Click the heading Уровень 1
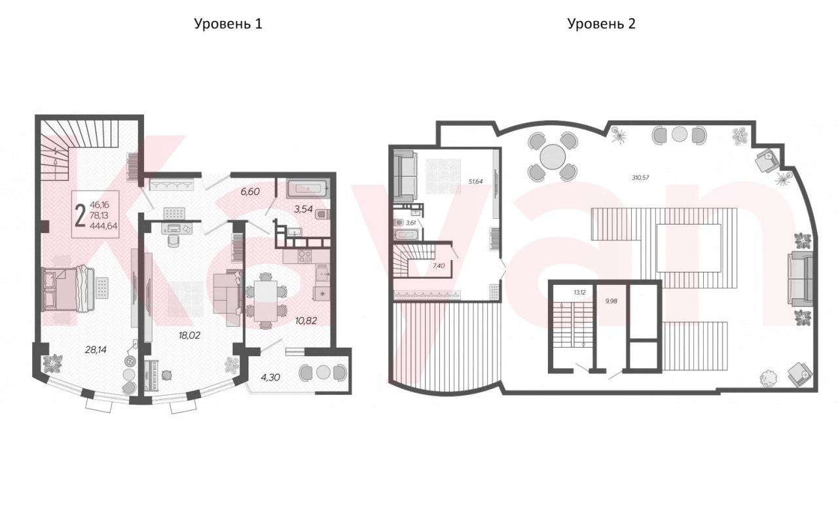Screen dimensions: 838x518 228,24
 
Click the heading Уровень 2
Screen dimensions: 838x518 601,24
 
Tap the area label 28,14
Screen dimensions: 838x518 96,350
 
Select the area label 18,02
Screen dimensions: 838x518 189,335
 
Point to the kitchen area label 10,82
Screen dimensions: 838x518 306,321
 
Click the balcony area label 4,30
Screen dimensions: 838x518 270,377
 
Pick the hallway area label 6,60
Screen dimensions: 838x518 250,192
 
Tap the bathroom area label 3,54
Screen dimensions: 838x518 303,209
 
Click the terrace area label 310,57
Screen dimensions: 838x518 640,177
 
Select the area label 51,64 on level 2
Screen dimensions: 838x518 475,181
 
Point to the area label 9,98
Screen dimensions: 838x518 611,301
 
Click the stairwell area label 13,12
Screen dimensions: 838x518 579,292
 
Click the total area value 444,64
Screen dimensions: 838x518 103,226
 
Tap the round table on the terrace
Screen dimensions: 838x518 553,157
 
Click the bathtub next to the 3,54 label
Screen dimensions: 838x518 308,189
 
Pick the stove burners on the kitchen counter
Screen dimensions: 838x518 304,256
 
